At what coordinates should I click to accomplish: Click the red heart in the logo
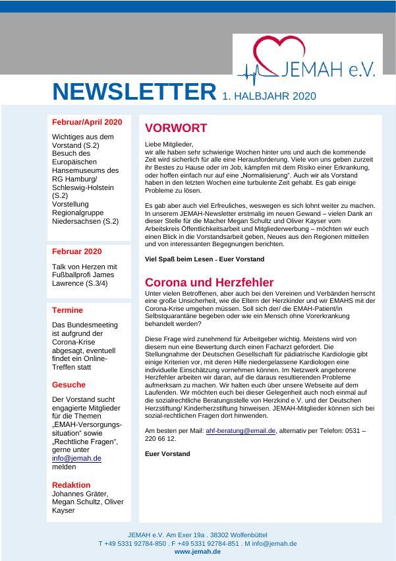(x=279, y=53)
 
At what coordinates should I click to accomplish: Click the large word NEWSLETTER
(x=134, y=92)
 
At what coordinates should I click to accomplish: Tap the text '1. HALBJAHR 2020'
(x=269, y=96)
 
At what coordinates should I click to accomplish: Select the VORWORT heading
(x=176, y=128)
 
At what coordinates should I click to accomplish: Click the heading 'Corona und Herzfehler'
(x=209, y=282)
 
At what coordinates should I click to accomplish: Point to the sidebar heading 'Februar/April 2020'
(x=87, y=122)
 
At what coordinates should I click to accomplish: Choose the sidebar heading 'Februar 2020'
(x=77, y=251)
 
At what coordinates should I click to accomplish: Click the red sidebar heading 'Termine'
(x=68, y=310)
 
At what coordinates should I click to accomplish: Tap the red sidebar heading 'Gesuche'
(x=69, y=384)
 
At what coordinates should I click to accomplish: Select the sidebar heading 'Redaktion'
(x=71, y=484)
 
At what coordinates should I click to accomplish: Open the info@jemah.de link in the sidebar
(x=76, y=458)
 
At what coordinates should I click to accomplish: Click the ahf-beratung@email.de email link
(x=240, y=430)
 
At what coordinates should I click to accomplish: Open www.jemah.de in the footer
(x=198, y=552)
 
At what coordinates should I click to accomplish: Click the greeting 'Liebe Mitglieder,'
(x=169, y=143)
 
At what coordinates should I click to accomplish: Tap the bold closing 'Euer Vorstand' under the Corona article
(x=167, y=453)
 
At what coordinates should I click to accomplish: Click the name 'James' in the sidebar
(x=105, y=275)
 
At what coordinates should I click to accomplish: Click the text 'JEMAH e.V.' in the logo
(x=328, y=69)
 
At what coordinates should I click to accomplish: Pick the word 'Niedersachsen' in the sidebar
(x=76, y=221)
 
